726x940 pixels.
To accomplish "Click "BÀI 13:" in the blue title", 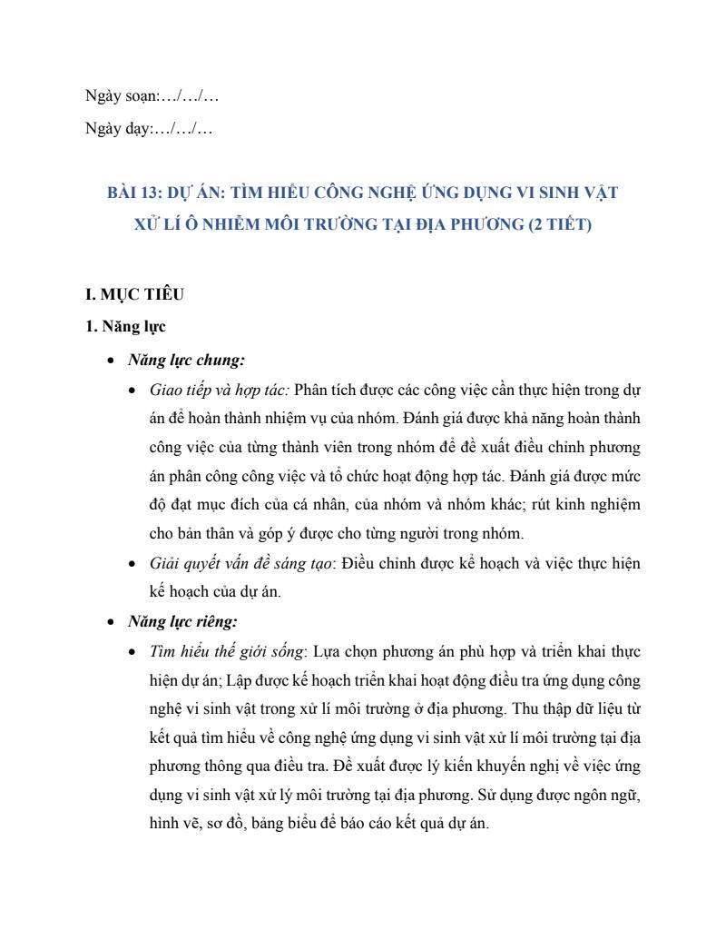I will (x=134, y=193).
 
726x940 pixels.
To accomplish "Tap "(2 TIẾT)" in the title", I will (x=559, y=224).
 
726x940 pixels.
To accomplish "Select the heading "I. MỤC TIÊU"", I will (x=134, y=294).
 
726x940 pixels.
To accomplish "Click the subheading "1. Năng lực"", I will (x=125, y=327).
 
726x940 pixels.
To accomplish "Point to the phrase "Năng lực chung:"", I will (x=186, y=361).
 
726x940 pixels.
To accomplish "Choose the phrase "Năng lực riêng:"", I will (x=182, y=622).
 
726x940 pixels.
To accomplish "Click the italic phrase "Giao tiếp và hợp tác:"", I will (x=220, y=390).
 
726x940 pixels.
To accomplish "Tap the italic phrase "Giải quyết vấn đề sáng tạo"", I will (x=240, y=563).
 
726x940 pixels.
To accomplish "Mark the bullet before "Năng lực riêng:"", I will (x=110, y=623).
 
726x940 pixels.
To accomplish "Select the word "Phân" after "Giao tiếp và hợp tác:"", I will (x=313, y=390).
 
